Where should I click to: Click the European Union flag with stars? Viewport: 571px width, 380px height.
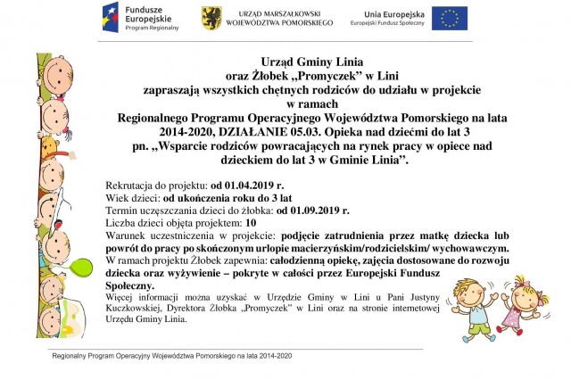pyautogui.click(x=450, y=17)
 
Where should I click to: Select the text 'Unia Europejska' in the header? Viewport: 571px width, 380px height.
pyautogui.click(x=387, y=12)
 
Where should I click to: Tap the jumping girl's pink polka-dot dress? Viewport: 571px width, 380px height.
pyautogui.click(x=512, y=317)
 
